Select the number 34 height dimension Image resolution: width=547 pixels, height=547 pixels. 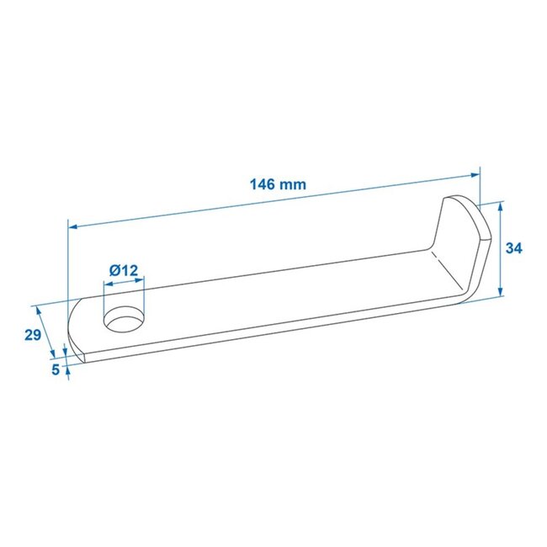tap(515, 248)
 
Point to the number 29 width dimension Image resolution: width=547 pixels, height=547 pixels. tap(33, 335)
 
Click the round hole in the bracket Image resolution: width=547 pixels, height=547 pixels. tap(123, 320)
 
